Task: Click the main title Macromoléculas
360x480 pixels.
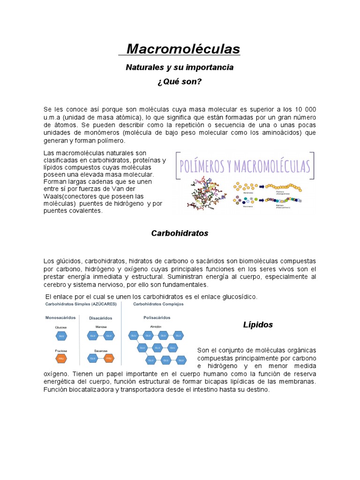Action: [x=183, y=49]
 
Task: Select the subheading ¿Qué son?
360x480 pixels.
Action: [x=180, y=82]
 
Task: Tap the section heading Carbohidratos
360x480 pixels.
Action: [x=180, y=233]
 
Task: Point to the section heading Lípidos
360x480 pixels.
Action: [x=258, y=325]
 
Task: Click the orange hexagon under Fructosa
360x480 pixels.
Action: [x=61, y=360]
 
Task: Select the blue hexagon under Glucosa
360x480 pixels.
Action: [x=61, y=336]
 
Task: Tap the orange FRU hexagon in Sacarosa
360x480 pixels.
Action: [x=109, y=360]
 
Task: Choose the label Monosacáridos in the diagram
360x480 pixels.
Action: [x=61, y=317]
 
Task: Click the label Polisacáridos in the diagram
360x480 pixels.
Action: [x=157, y=317]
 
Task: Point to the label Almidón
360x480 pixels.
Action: [x=156, y=326]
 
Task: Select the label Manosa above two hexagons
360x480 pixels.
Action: [x=101, y=327]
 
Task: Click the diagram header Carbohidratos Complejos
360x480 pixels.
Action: [x=158, y=304]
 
